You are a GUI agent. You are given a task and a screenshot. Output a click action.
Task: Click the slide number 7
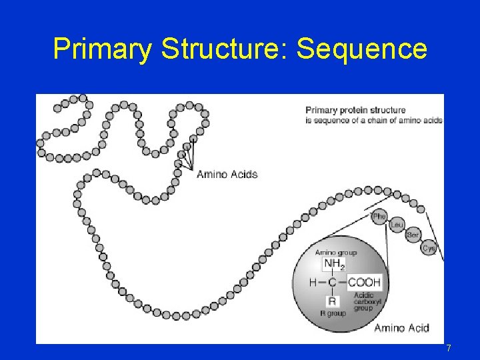449,348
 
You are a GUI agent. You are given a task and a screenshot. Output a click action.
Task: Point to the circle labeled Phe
379,216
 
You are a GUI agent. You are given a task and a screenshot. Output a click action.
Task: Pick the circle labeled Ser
413,235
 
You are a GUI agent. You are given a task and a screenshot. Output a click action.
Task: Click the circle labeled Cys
429,248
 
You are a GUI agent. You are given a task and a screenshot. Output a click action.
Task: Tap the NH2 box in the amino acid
333,265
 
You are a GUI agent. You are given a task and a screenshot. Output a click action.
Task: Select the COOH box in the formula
365,282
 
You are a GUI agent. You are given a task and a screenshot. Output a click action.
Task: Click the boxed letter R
331,301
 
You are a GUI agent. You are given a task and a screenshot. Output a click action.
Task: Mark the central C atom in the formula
331,282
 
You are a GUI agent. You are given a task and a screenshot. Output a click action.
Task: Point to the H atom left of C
313,282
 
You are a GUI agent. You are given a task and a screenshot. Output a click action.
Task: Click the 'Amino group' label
335,253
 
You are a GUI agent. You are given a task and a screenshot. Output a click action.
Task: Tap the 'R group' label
333,313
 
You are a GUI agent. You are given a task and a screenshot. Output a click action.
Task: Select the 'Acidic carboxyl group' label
364,301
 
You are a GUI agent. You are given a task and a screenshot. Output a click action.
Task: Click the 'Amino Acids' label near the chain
227,175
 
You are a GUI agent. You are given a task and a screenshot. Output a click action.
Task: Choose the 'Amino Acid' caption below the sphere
401,327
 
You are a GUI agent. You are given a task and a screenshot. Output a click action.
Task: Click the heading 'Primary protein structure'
355,110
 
